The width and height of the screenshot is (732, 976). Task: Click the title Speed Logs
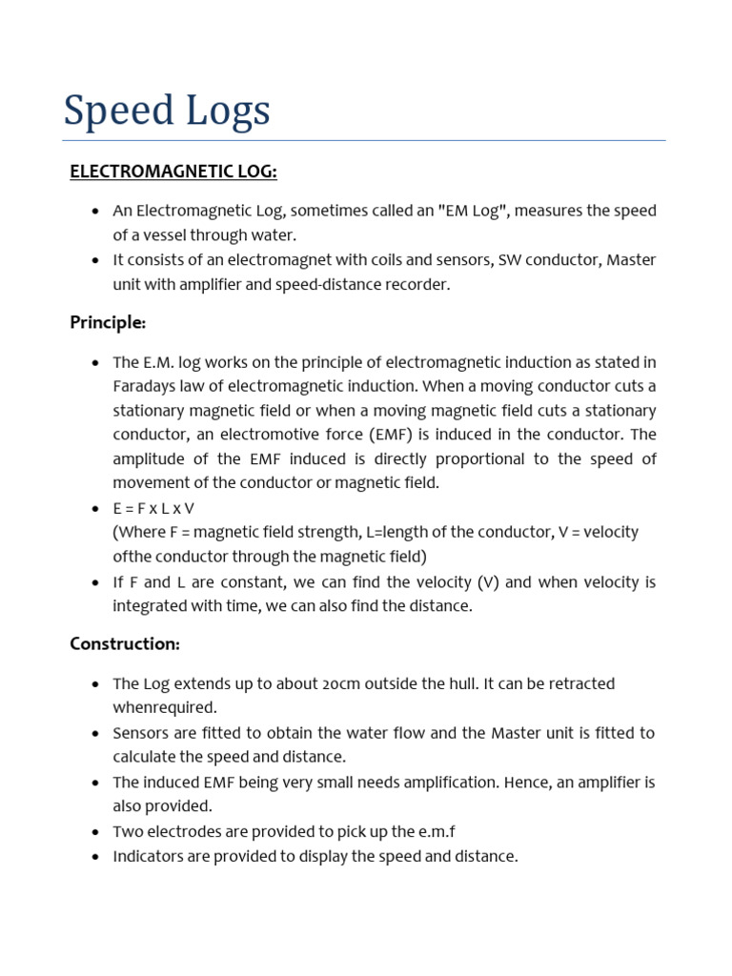coord(167,111)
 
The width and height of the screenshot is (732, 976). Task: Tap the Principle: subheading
coord(108,322)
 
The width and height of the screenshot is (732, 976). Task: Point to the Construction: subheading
coord(125,643)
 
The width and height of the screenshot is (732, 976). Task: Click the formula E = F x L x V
coord(153,508)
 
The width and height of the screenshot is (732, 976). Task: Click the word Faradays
coord(146,387)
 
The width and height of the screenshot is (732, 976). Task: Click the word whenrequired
coord(165,707)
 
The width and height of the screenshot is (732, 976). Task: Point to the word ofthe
coord(132,556)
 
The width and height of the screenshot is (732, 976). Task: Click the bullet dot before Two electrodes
coord(95,832)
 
